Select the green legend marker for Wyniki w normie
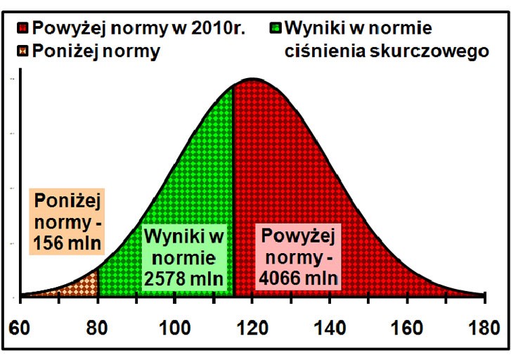(276, 30)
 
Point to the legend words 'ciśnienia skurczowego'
(386, 51)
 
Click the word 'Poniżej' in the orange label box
(66, 200)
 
